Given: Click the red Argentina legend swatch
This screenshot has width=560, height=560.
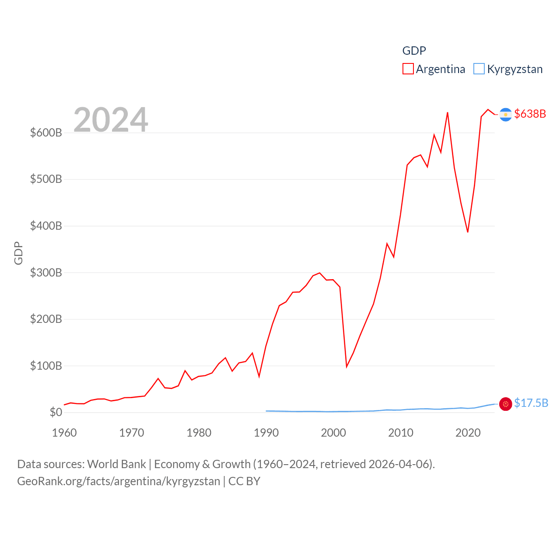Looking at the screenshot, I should click(408, 69).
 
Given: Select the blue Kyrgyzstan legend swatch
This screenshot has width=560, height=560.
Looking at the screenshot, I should click(479, 69).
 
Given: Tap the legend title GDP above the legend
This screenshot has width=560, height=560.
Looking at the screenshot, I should click(414, 51).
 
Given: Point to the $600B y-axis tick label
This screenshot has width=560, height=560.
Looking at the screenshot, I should click(46, 133).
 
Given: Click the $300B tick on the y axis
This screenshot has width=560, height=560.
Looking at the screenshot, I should click(46, 273).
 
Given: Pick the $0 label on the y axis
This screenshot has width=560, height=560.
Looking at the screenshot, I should click(56, 412).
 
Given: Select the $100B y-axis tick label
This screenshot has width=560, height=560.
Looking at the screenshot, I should click(46, 366).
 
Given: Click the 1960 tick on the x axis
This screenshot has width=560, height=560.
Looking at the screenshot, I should click(64, 433).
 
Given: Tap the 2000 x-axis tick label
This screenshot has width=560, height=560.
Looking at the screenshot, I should click(333, 433).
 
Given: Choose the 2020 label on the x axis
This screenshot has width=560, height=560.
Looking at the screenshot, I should click(468, 433).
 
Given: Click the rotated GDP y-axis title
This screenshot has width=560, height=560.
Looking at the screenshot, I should click(18, 253).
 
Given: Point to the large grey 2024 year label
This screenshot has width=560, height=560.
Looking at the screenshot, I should click(111, 120).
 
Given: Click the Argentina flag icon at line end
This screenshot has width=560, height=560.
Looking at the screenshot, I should click(505, 115).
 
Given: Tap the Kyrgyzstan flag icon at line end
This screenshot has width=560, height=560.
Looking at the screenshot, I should click(505, 404).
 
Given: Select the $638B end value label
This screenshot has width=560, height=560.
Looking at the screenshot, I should click(530, 114).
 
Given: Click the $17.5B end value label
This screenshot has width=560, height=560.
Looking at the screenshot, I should click(531, 403).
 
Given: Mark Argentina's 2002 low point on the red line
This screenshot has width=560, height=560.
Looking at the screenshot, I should click(346, 367).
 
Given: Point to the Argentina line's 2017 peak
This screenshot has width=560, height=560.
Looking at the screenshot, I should click(448, 113).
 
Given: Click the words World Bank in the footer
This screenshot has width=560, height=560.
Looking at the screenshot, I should click(116, 464).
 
